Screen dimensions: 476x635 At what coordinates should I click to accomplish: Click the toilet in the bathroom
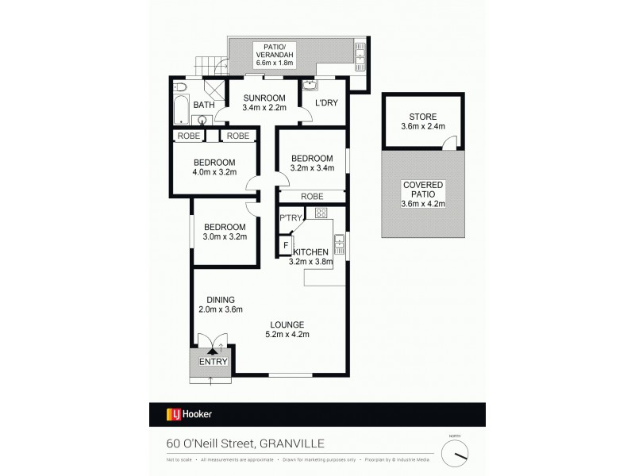[179, 86]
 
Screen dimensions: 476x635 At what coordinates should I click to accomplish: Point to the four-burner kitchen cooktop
[321, 213]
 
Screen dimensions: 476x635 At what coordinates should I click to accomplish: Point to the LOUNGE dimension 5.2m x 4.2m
[287, 334]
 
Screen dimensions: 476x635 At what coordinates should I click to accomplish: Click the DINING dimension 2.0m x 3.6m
[221, 309]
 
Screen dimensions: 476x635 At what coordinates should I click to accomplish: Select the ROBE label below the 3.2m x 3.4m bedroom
[311, 196]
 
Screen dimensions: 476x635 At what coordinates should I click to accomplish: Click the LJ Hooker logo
[189, 413]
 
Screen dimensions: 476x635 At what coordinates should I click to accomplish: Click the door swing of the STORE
[449, 143]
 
